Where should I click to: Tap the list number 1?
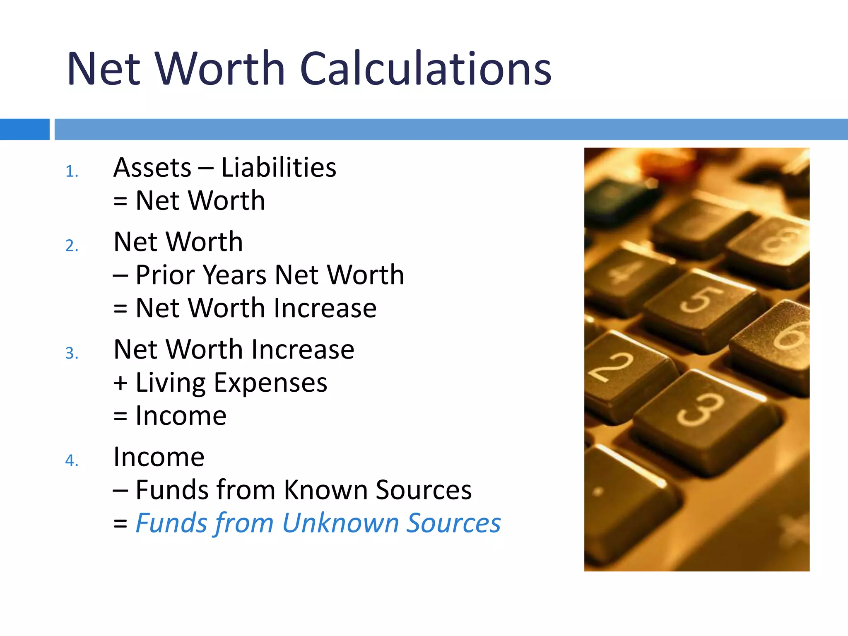tap(71, 171)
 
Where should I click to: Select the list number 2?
tap(71, 246)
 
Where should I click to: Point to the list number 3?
tap(71, 353)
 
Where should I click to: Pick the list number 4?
tap(71, 460)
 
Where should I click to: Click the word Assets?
tap(152, 168)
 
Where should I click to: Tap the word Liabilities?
tap(279, 168)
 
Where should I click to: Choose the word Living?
tap(169, 383)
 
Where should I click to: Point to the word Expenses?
tap(270, 383)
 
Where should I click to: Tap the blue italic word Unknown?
tap(341, 523)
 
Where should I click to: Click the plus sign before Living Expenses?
tap(120, 383)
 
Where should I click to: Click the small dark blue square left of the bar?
tap(24, 129)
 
